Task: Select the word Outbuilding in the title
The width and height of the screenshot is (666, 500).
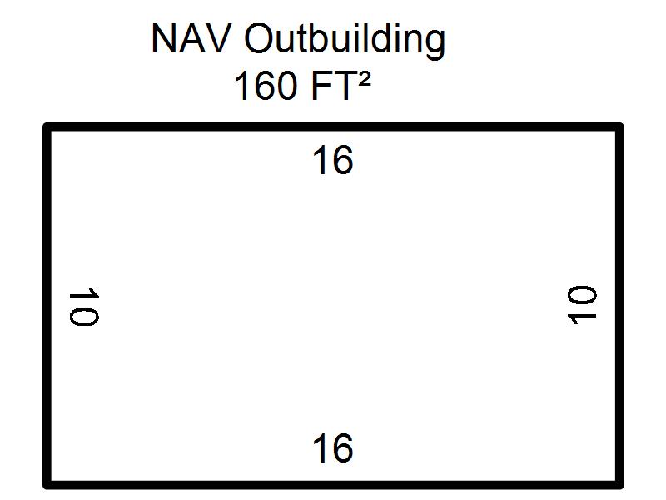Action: [x=345, y=40]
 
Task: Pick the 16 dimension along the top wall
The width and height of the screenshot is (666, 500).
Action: [x=333, y=160]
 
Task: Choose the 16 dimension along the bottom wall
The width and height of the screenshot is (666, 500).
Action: [x=333, y=448]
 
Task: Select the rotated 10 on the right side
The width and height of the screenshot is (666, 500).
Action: [x=582, y=306]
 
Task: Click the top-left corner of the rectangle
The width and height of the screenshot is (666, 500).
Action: [x=47, y=127]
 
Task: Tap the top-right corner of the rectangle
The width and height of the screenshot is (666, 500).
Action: [x=619, y=127]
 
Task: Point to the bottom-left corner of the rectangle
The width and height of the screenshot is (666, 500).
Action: [x=47, y=484]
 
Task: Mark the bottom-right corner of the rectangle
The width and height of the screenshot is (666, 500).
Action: [x=619, y=484]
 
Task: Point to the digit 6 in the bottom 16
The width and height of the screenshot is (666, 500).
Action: [x=342, y=448]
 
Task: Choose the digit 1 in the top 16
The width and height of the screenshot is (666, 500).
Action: [x=321, y=160]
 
